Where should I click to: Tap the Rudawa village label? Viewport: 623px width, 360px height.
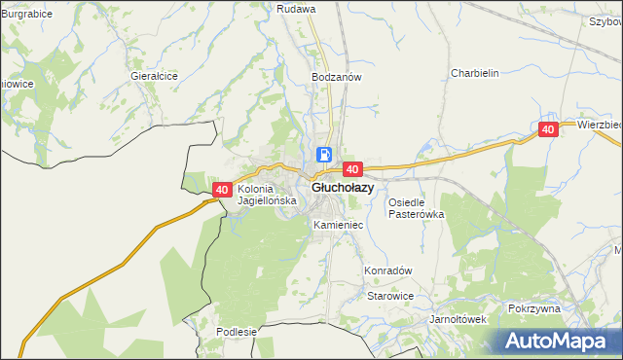[297, 9]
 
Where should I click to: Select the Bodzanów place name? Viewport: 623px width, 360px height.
[337, 76]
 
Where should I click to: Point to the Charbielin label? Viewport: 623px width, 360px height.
[475, 73]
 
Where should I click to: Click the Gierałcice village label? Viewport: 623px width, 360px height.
[154, 75]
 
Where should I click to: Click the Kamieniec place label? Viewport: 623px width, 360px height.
[339, 225]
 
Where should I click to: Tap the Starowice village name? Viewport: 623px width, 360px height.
[390, 296]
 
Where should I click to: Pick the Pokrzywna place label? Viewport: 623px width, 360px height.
[534, 308]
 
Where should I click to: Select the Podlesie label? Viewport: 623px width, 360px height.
[237, 332]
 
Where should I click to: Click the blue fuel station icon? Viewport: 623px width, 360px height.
[324, 155]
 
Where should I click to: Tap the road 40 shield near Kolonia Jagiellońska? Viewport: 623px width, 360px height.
[222, 190]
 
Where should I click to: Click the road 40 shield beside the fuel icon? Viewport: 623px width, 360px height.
[352, 169]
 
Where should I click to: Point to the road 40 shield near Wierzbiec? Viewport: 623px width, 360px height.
[548, 129]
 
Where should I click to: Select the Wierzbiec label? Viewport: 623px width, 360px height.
[599, 125]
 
